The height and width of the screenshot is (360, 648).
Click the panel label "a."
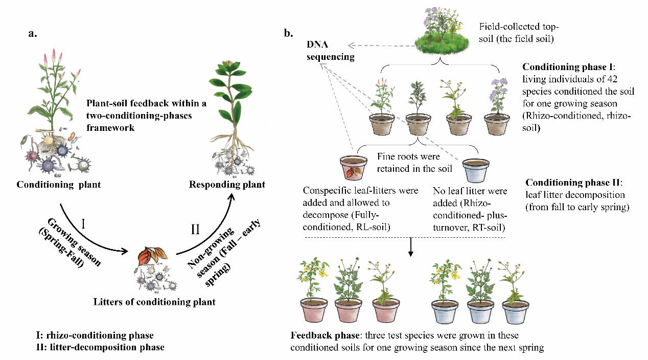tap(33, 34)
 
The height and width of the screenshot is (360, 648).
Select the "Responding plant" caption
tap(227, 185)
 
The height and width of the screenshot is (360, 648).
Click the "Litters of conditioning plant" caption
tap(154, 302)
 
